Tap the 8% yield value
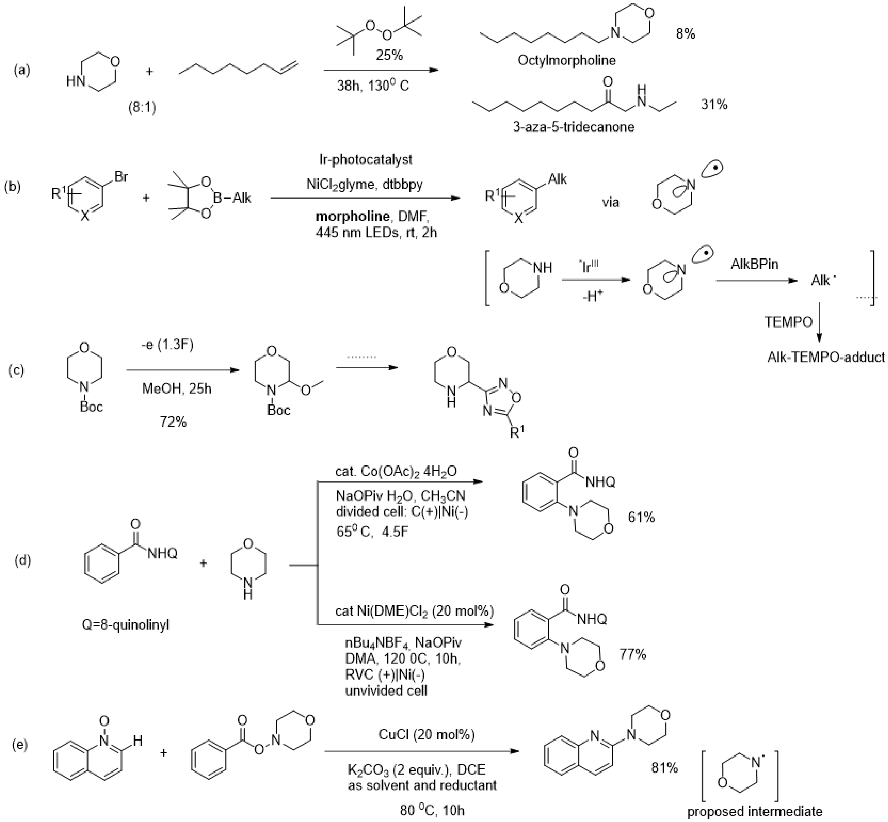coord(685,34)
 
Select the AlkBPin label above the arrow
coord(754,264)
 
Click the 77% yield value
coord(633,654)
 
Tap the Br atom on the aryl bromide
coord(121,177)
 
